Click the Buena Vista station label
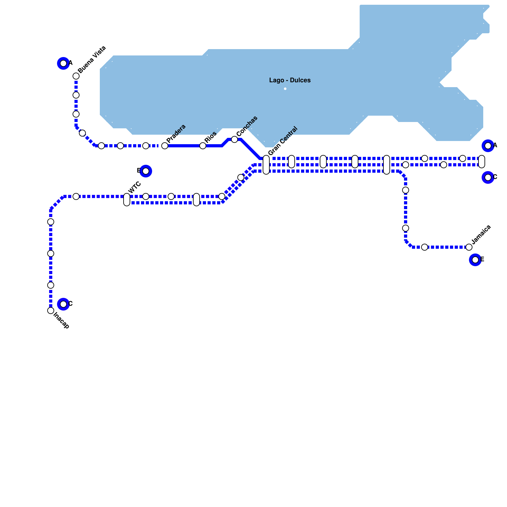coord(92,60)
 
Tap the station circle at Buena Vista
coord(76,76)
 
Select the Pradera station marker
coord(165,146)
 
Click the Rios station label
coord(210,137)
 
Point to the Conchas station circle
coord(234,139)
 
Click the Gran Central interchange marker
coord(266,165)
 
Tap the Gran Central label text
coord(283,141)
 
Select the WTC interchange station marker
coord(127,200)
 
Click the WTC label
coord(135,187)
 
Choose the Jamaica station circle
coord(469,247)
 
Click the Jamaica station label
coord(481,234)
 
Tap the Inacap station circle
coord(51,311)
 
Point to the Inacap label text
coord(61,320)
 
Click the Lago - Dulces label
coord(290,80)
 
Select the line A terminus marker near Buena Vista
coord(63,63)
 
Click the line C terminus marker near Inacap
coord(63,304)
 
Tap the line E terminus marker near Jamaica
coord(475,260)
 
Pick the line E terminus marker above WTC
coord(146,171)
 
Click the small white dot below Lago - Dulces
coord(285,89)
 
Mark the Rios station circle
coord(203,146)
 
